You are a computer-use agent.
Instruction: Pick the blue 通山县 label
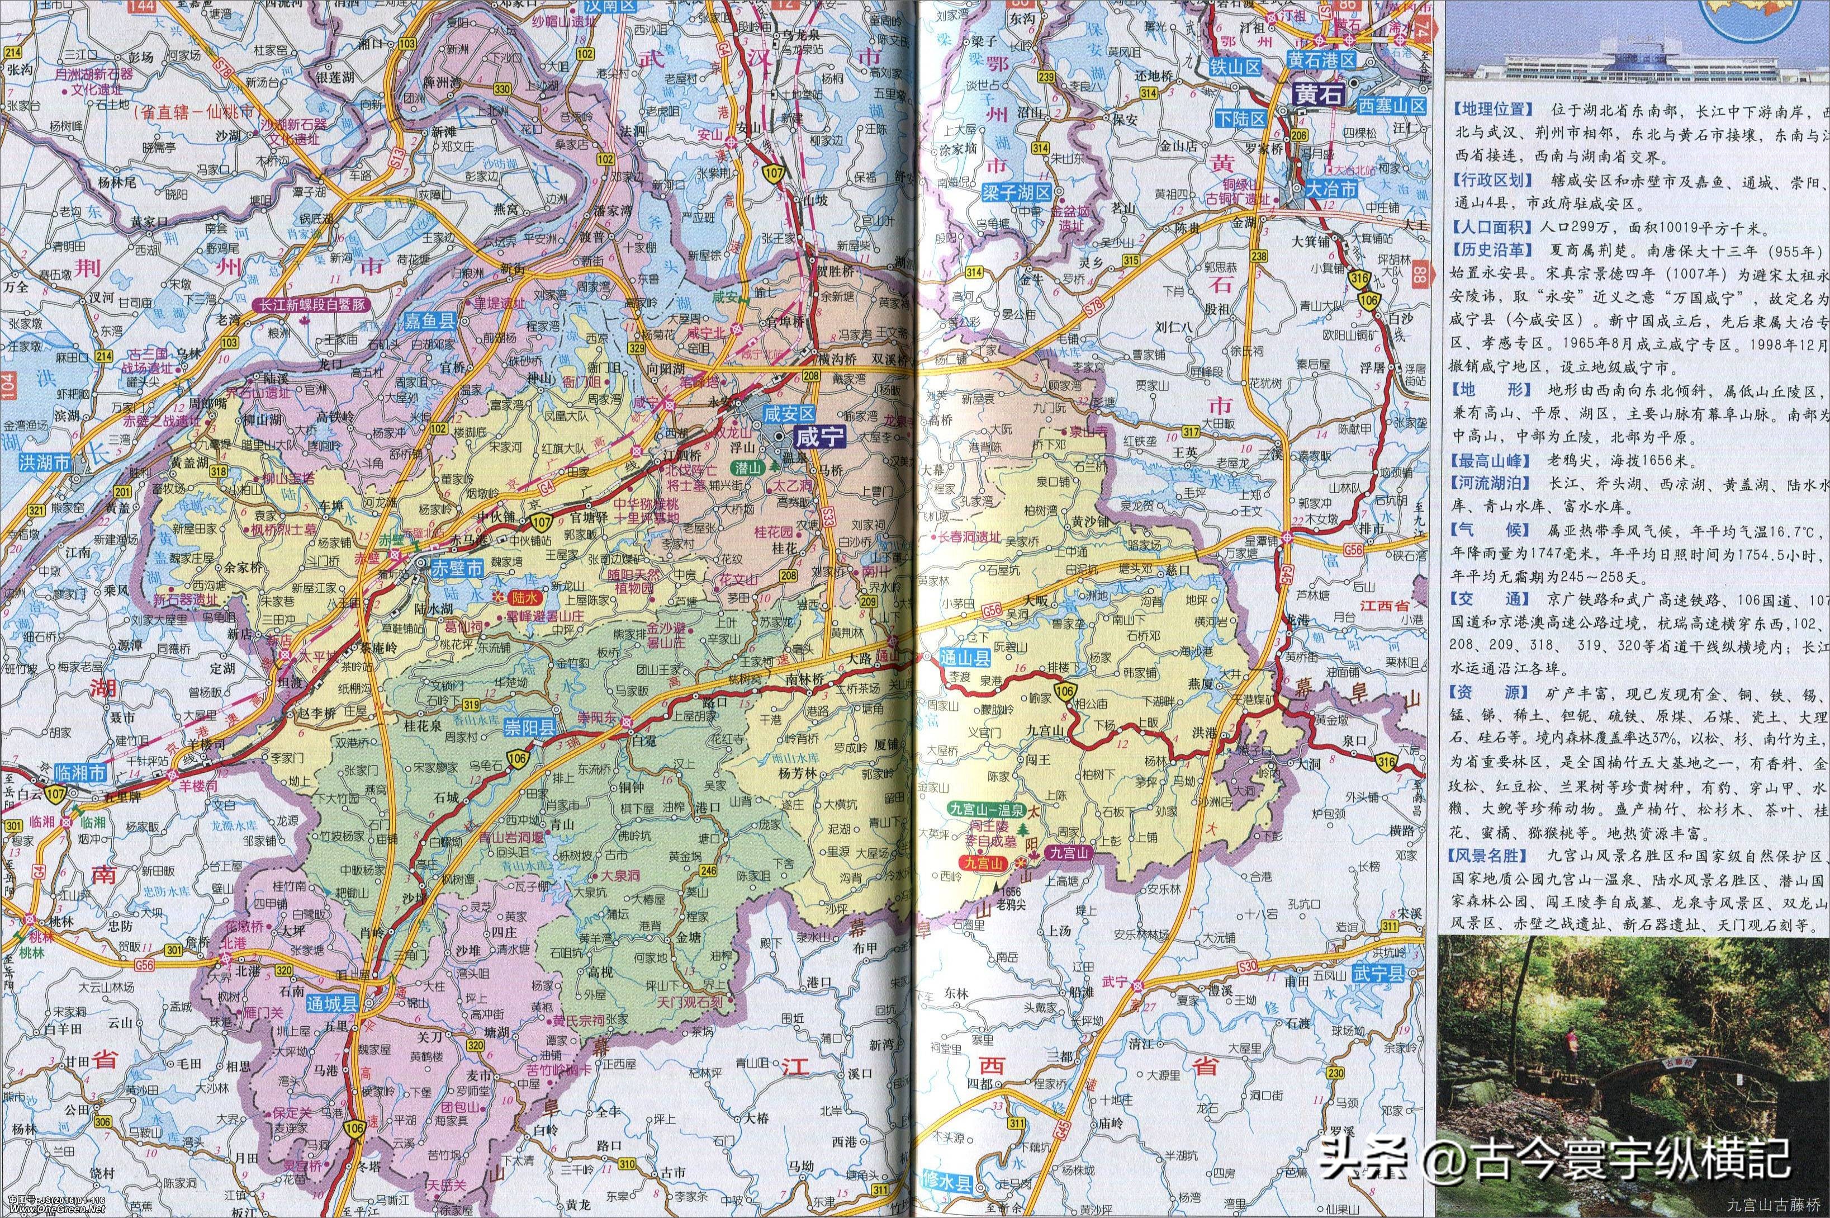(x=966, y=659)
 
